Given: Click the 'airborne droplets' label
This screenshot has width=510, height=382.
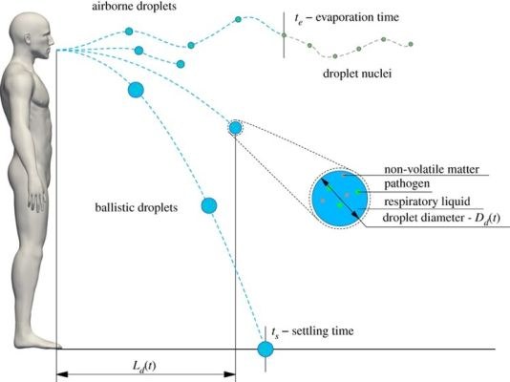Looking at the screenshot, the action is [134, 7].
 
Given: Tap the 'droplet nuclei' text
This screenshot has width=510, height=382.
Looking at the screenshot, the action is [357, 74].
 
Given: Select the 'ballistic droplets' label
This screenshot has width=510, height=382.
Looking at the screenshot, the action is [137, 207].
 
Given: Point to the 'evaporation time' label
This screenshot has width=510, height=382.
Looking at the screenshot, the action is [357, 17].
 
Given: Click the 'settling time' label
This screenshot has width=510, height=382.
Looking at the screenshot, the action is [323, 331].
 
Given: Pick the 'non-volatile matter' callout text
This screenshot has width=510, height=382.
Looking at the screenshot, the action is [432, 169].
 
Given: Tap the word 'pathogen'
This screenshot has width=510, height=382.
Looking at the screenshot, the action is [407, 184].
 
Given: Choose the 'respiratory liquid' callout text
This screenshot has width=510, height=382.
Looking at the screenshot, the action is [427, 202].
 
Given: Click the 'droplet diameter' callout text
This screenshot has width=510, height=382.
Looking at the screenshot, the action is [423, 217].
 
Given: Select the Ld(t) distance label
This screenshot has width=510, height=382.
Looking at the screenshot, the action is [144, 367].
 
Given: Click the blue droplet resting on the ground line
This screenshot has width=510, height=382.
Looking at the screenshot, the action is [266, 350].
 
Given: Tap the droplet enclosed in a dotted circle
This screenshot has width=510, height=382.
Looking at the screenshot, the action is [235, 128].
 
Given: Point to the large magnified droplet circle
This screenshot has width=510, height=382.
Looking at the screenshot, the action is [340, 199].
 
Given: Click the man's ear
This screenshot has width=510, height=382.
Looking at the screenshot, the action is [28, 38].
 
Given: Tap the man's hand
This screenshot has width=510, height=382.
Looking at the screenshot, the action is [38, 200].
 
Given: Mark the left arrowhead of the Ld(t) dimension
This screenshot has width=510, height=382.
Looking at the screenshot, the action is [62, 374].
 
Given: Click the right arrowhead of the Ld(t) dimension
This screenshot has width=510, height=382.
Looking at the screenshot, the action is [229, 374].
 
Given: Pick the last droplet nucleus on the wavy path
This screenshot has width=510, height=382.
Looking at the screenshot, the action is [411, 44].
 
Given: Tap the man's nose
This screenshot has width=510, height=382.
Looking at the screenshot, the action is [52, 40].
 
